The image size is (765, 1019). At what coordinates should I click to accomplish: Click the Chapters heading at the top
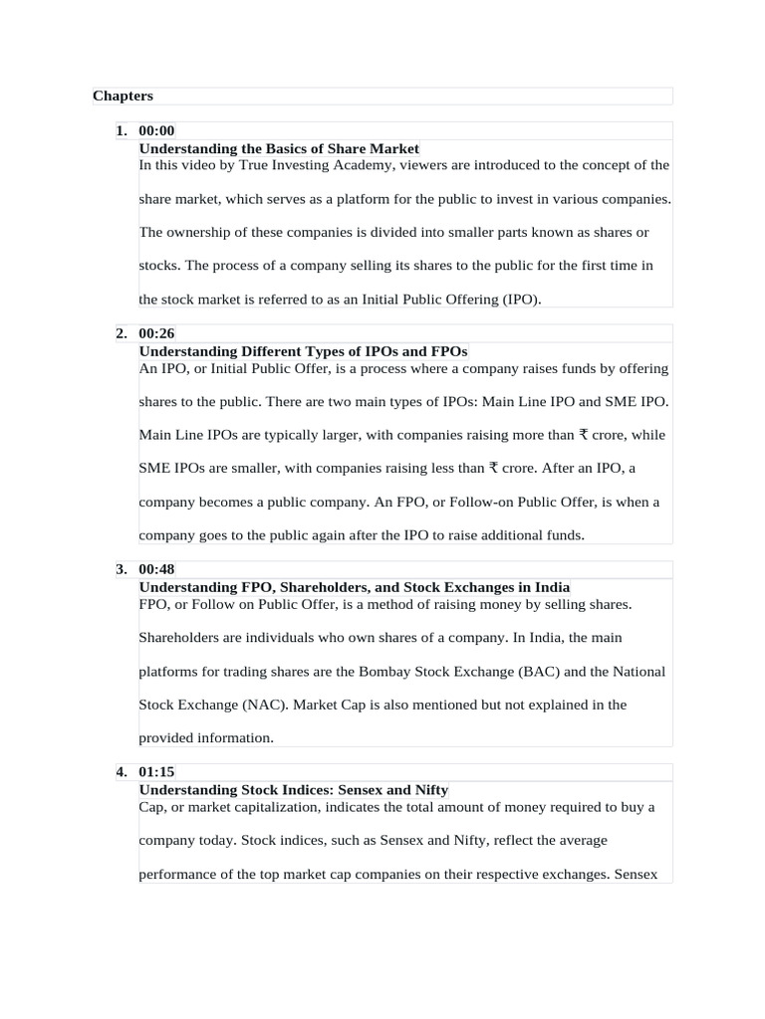pos(123,96)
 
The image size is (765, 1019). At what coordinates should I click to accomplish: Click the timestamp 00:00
pos(157,130)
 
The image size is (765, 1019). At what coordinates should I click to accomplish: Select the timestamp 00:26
pos(157,333)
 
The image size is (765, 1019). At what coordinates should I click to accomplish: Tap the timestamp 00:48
pos(157,569)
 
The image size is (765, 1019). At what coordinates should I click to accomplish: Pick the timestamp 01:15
pos(157,772)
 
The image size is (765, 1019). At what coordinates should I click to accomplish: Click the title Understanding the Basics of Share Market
pos(279,148)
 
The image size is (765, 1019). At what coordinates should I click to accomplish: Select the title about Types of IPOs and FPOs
pos(303,351)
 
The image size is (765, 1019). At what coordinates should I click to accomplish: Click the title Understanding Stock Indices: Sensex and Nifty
pos(293,790)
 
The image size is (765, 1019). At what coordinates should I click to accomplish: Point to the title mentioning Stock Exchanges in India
pos(354,587)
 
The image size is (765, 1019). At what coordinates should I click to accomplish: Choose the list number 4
pos(121,772)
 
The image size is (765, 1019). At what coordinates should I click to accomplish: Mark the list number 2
pos(121,333)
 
